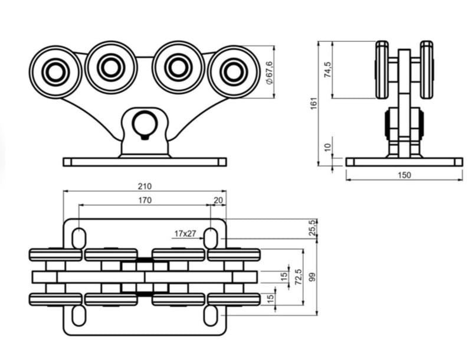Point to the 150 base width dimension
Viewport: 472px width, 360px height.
404,175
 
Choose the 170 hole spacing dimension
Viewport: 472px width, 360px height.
145,200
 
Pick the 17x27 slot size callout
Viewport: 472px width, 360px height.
185,233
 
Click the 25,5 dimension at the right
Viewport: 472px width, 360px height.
313,227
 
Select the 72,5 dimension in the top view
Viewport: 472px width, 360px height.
299,277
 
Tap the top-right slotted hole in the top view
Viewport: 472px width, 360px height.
211,238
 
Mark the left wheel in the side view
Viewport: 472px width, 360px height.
382,69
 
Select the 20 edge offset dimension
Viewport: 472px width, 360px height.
218,200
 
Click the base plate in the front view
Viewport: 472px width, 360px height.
145,162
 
